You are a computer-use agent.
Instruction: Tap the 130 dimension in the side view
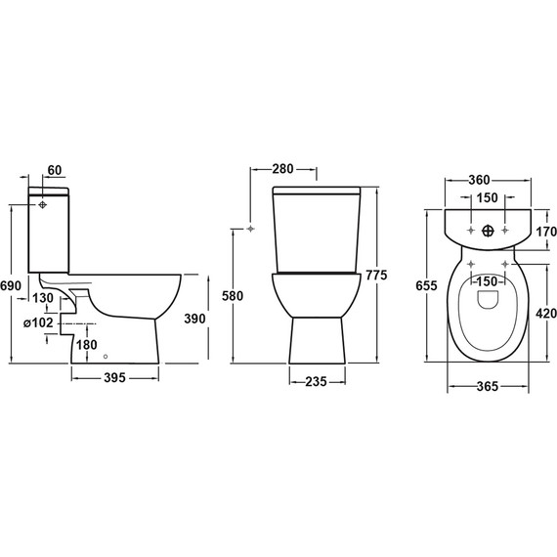tap(42, 298)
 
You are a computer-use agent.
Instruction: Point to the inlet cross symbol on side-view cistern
tap(44, 206)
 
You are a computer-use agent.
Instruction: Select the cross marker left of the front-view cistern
tap(252, 229)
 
